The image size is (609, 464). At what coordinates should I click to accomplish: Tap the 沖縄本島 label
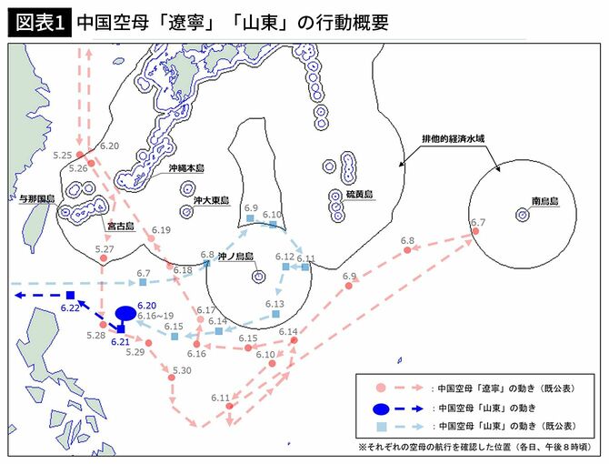click(187, 168)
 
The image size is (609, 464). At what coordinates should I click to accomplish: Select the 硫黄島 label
click(361, 194)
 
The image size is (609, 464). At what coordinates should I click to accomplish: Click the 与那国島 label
click(38, 198)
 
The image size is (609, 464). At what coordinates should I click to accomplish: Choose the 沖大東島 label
click(210, 201)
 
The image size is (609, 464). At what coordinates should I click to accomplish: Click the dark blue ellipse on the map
click(126, 314)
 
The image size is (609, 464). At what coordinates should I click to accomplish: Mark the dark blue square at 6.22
click(70, 295)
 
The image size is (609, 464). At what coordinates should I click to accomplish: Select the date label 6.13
click(275, 304)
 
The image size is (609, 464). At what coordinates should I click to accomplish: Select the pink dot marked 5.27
click(104, 259)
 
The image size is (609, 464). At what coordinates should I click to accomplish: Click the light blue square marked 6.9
click(249, 218)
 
